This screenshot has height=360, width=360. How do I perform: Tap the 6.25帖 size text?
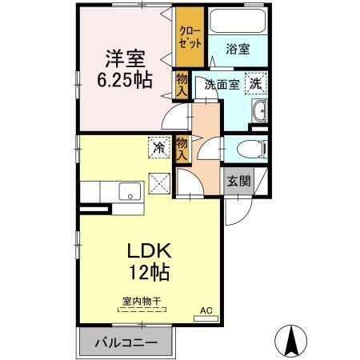click(x=124, y=80)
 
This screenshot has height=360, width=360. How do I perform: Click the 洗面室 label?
click(x=221, y=85)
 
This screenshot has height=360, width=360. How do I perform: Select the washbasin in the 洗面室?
click(x=258, y=112)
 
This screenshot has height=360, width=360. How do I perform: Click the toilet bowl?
click(x=250, y=149)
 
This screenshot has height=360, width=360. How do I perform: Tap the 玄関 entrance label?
click(x=238, y=181)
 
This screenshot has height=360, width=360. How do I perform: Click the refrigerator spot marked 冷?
click(x=158, y=148)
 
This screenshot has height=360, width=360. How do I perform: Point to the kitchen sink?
click(x=127, y=192)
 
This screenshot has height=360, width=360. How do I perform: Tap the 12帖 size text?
click(x=150, y=273)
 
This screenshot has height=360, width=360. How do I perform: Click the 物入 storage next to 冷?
click(x=182, y=149)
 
